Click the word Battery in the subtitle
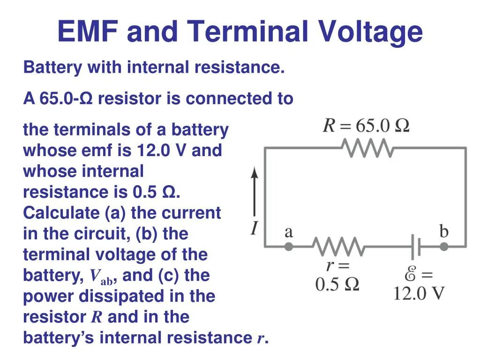point(52,67)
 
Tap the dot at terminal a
point(289,246)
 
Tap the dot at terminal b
point(443,246)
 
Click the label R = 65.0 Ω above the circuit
point(366,126)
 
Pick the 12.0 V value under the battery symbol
point(419,293)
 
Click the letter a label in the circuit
point(289,232)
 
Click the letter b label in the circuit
point(443,231)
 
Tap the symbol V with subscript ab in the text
point(100,277)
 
